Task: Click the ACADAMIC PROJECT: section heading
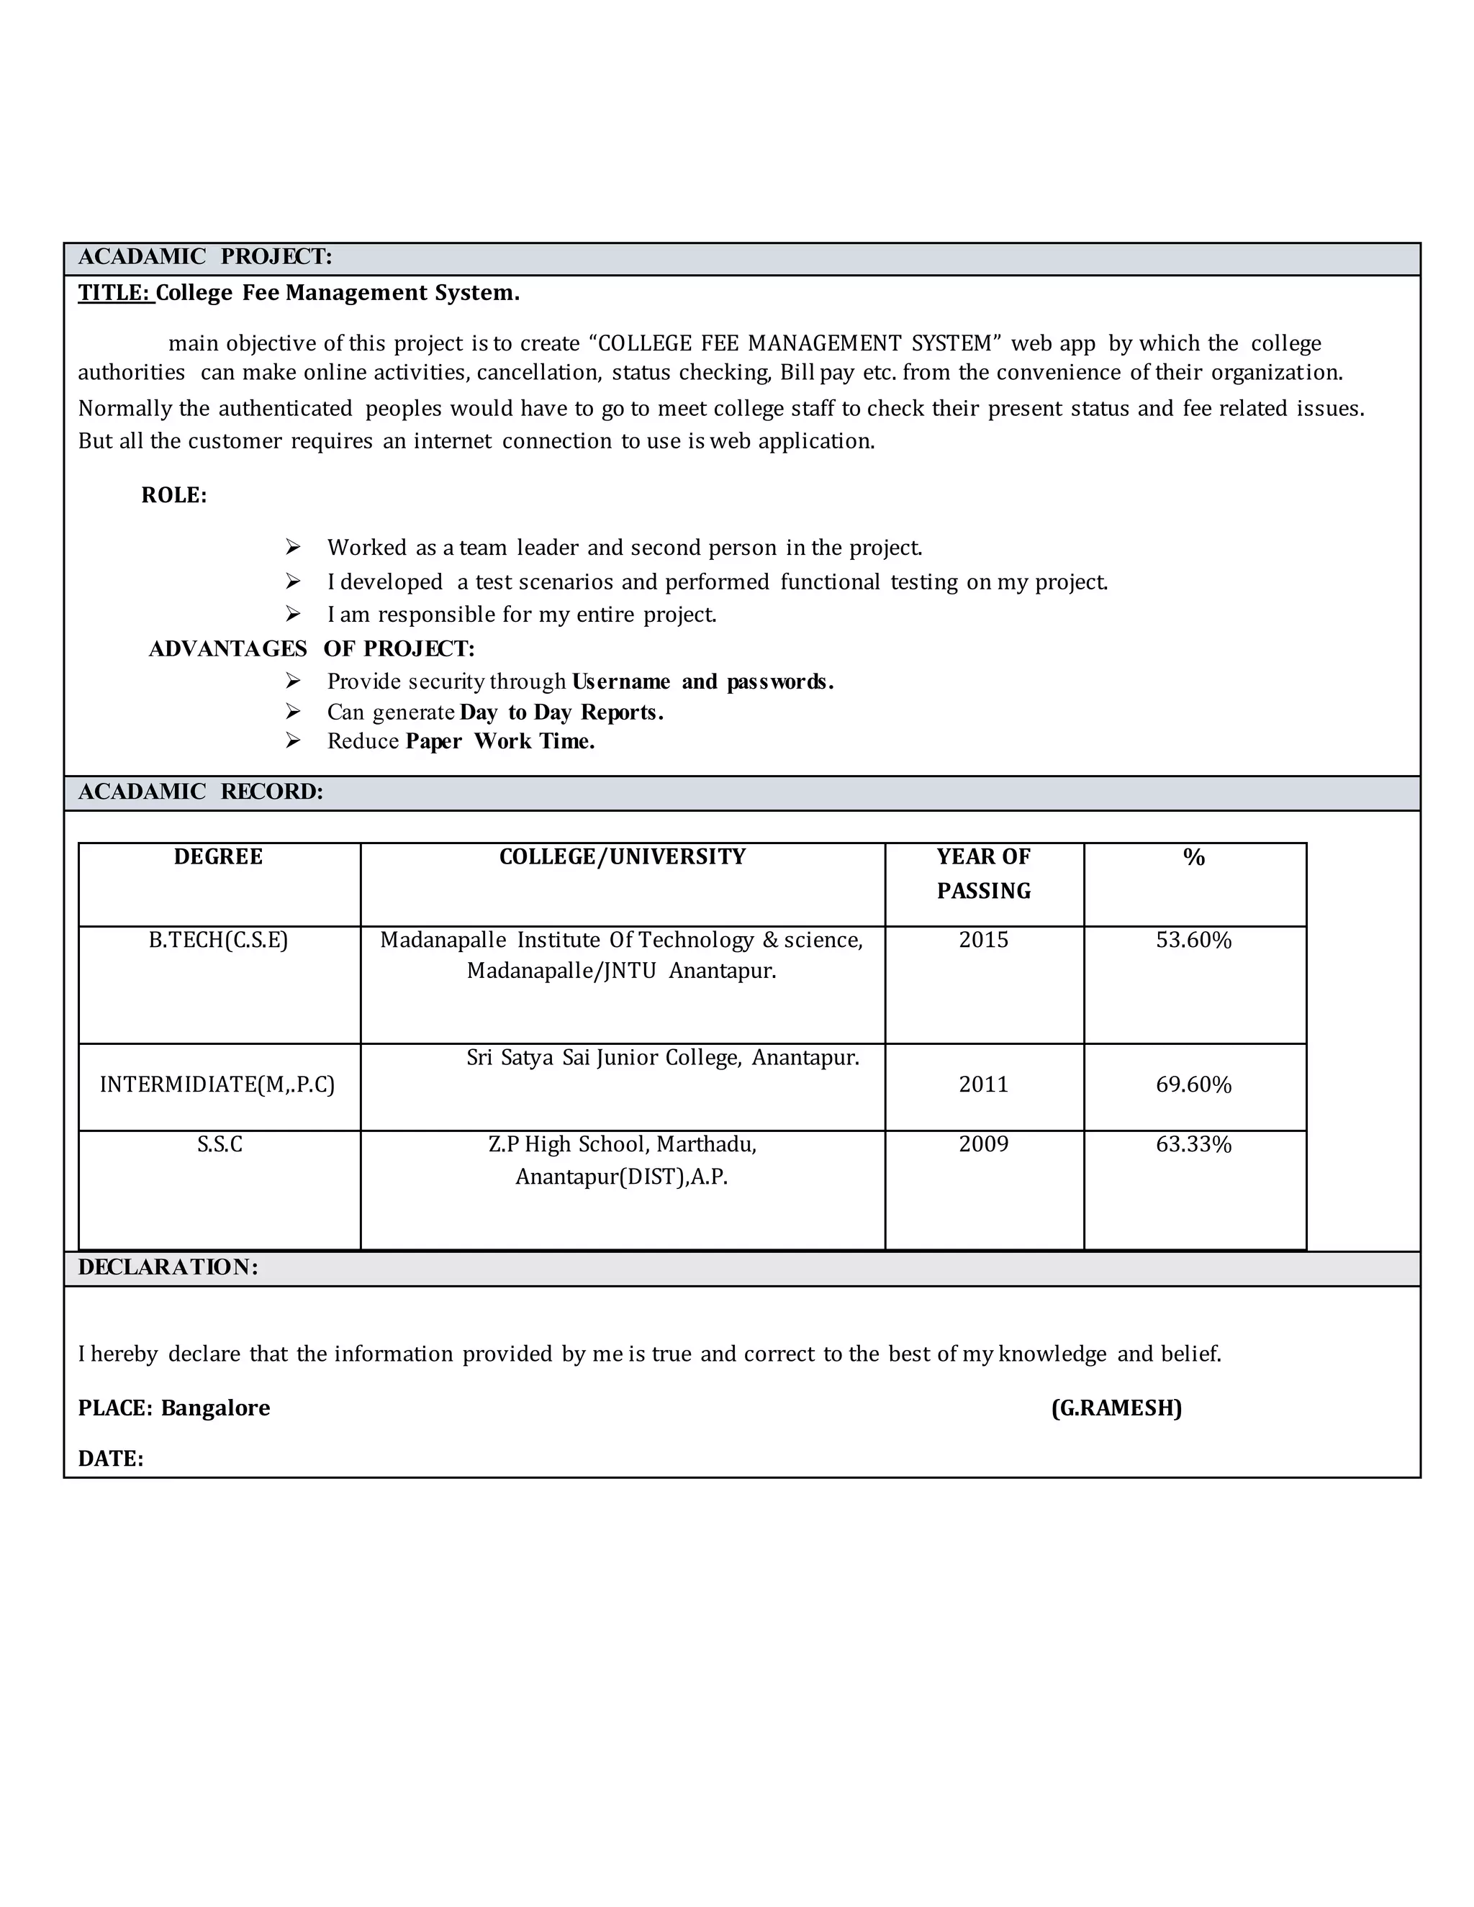coord(205,257)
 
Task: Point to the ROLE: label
coord(173,495)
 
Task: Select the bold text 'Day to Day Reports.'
coord(561,712)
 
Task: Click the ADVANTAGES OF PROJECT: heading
coord(312,649)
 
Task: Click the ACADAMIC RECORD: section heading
coord(201,792)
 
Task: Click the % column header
coord(1194,858)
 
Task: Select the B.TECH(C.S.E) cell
coord(218,941)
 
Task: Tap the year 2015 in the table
coord(983,941)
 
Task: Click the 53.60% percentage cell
coord(1194,941)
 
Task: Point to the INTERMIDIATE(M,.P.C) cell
coord(217,1084)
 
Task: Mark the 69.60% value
coord(1194,1084)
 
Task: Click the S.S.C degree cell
coord(220,1145)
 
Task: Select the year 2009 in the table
coord(983,1145)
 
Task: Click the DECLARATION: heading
coord(168,1268)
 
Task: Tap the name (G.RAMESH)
coord(1116,1408)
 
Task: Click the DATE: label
coord(111,1459)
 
